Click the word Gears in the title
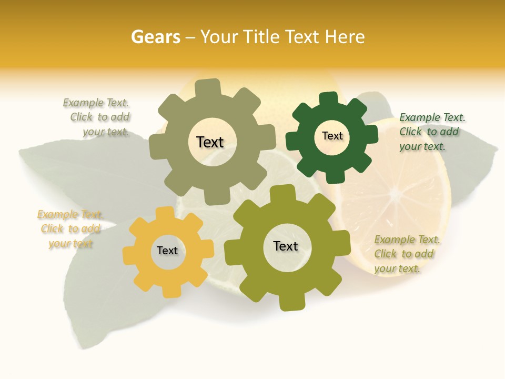(155, 37)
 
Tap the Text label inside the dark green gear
(332, 136)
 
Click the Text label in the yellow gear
(167, 251)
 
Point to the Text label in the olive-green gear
(286, 246)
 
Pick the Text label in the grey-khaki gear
(210, 142)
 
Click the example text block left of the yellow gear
(69, 229)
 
